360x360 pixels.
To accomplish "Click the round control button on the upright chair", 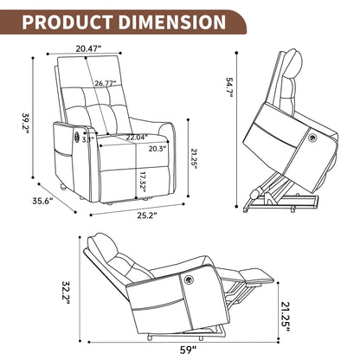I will tap(74, 135).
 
